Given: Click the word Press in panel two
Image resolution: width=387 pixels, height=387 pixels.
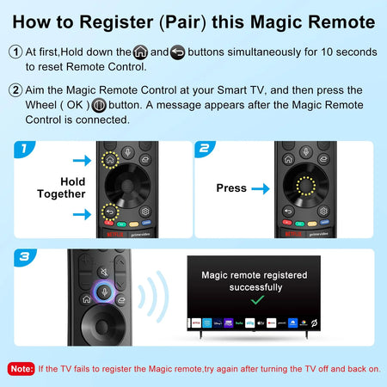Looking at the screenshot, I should [231, 187].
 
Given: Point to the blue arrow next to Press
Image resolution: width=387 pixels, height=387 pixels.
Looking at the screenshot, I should [263, 187].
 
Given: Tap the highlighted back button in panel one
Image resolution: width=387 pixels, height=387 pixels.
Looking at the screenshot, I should [109, 212].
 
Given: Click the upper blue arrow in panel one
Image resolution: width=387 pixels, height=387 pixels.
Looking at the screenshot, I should [81, 159].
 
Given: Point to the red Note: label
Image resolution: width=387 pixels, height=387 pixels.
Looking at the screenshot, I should [21, 368].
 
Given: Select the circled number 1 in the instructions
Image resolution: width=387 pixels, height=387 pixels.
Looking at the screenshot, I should [15, 52].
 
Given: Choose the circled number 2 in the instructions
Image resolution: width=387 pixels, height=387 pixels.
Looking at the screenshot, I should [15, 89].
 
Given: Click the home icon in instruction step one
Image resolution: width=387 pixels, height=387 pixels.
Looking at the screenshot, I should [140, 52].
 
